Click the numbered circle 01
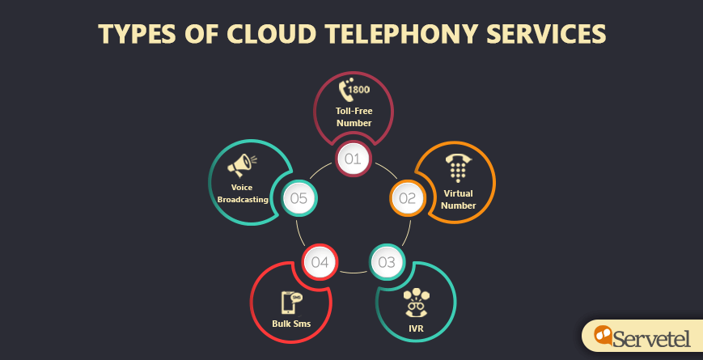point(353,158)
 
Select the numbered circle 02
point(407,197)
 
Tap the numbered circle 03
point(387,261)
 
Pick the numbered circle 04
point(320,261)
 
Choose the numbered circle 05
point(298,197)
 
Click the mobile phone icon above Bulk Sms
point(290,302)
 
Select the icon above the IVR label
point(417,302)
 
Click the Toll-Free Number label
point(354,116)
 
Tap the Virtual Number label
point(459,199)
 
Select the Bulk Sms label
point(291,324)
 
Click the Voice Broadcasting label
point(242,193)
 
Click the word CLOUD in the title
point(260,34)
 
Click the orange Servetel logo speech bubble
point(603,334)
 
